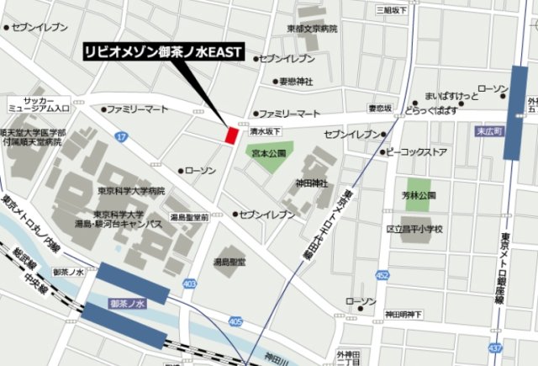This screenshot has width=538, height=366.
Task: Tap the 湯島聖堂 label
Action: click(x=229, y=262)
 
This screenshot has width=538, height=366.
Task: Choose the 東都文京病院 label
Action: click(x=311, y=29)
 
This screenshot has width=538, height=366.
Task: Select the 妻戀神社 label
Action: click(x=295, y=82)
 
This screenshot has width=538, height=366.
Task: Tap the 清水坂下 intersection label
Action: click(x=264, y=131)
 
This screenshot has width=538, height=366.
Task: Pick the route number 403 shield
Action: click(x=190, y=284)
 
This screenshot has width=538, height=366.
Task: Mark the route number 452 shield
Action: click(x=382, y=275)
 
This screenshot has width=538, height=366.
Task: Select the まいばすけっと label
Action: click(x=451, y=95)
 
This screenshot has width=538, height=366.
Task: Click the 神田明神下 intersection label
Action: click(x=403, y=314)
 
